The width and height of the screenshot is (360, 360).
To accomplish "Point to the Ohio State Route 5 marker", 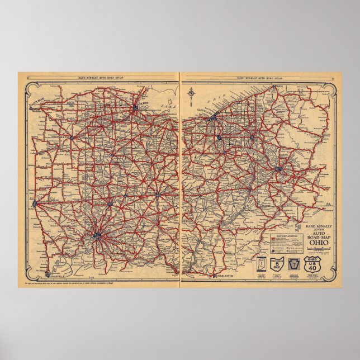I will pyautogui.click(x=277, y=264).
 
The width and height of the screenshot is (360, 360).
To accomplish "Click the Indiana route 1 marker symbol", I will pyautogui.click(x=260, y=264).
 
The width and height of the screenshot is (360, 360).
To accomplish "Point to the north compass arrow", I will pyautogui.click(x=192, y=95).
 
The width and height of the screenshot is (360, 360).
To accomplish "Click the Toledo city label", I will pyautogui.click(x=141, y=111).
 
